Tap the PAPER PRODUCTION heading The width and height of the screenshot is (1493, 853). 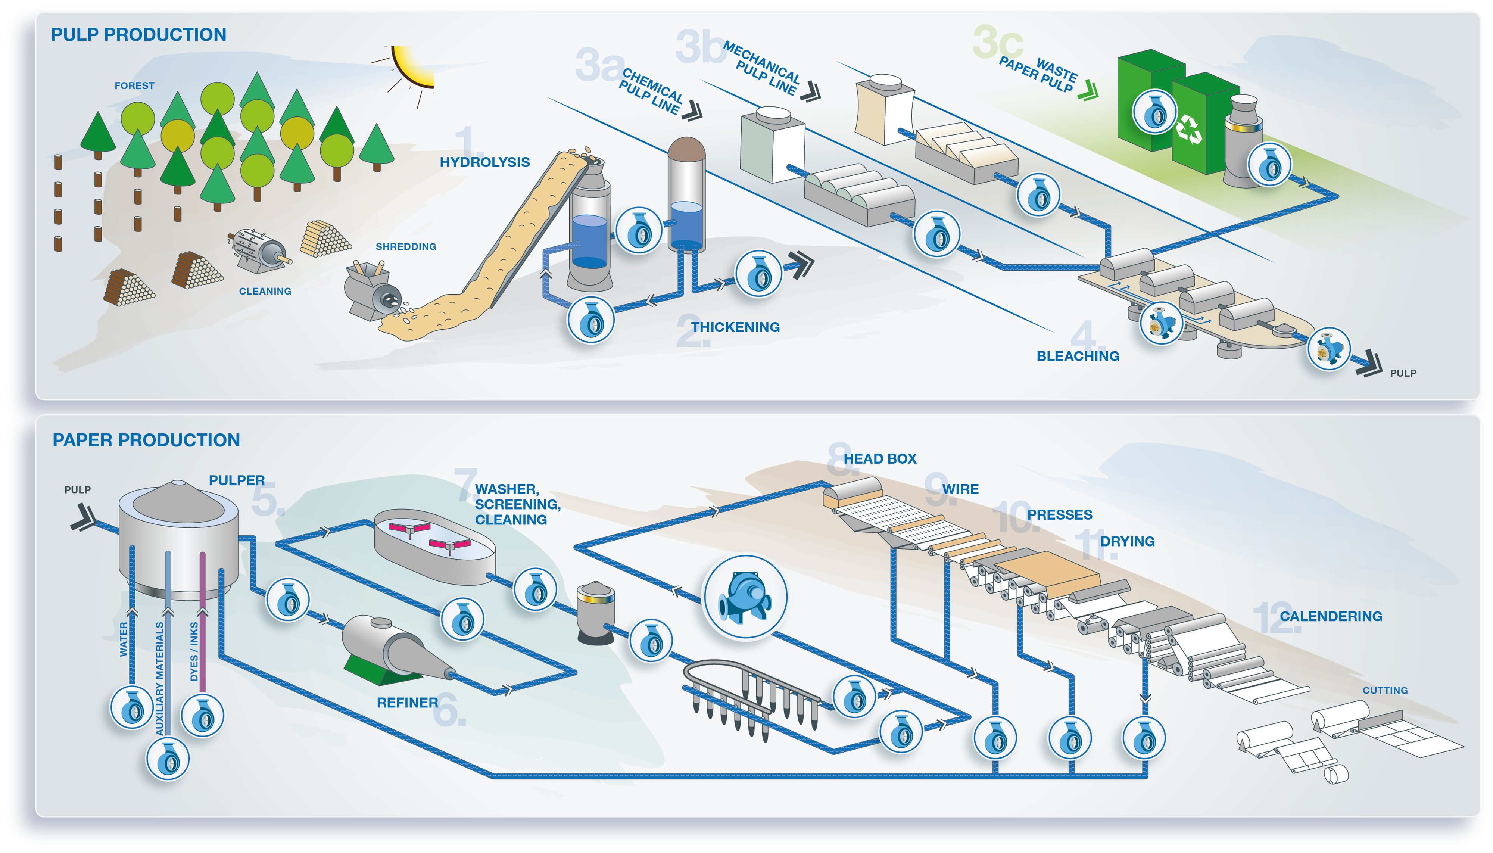(x=146, y=440)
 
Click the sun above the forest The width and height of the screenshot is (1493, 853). (x=413, y=66)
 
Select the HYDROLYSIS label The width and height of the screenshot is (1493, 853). (x=484, y=162)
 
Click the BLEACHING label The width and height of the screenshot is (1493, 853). (x=1077, y=356)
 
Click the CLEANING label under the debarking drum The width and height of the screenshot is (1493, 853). (x=265, y=291)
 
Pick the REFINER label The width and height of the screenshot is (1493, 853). (x=407, y=703)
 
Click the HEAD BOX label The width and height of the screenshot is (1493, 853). (x=880, y=459)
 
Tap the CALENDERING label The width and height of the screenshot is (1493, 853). (x=1331, y=616)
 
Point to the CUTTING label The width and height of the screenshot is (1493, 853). (x=1385, y=691)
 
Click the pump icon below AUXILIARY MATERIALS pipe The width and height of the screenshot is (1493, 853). (x=168, y=759)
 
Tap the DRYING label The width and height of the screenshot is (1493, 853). (x=1127, y=541)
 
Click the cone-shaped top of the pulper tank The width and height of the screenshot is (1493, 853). (x=179, y=501)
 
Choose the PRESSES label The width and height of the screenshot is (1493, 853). (x=1060, y=515)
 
